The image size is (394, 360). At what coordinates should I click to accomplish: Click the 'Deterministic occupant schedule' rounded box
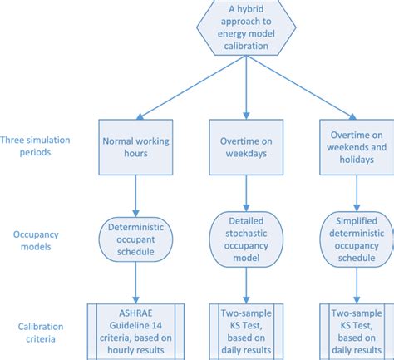(135, 234)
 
